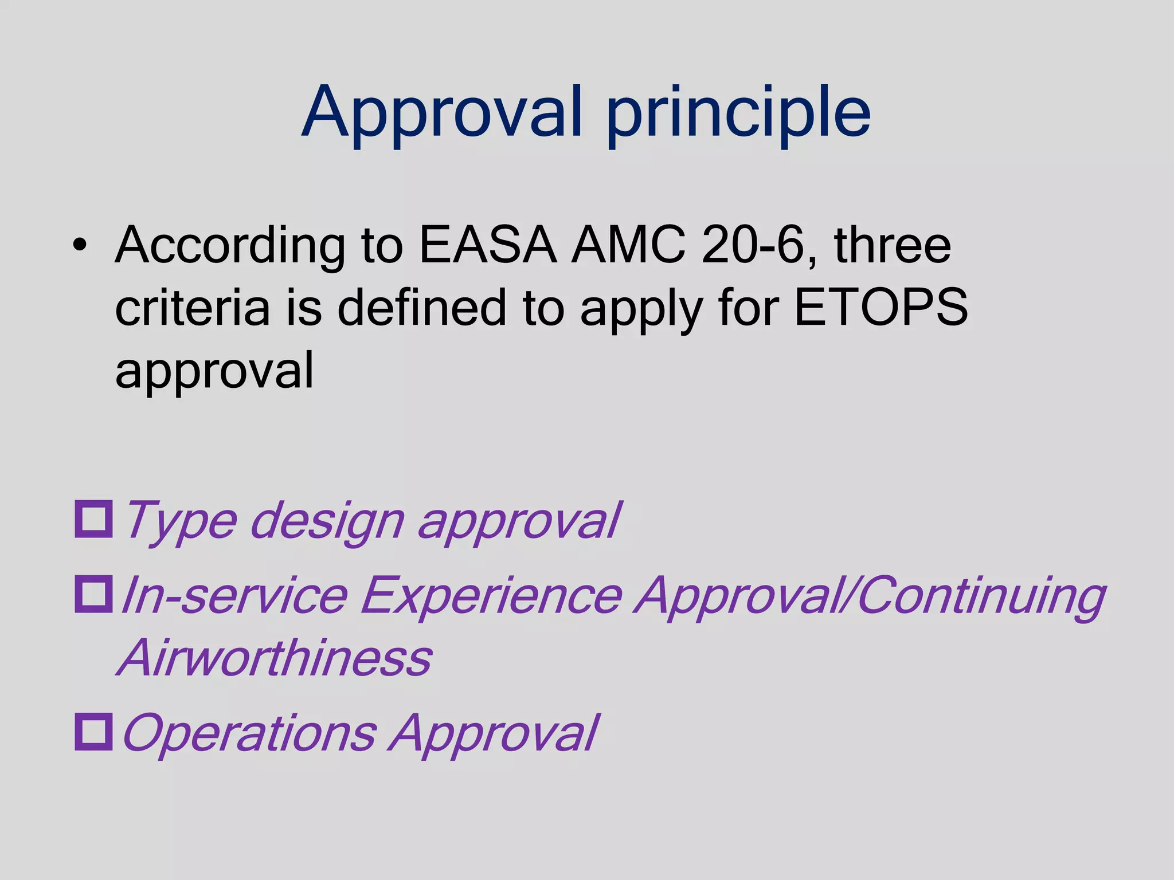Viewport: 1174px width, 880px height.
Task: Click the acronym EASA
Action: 488,245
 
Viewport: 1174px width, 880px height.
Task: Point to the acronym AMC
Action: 628,245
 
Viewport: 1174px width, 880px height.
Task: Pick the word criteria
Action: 192,308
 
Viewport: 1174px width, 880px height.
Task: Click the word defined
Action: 422,308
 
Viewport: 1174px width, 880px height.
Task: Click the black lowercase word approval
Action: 214,371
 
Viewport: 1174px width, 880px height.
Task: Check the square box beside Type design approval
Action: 93,519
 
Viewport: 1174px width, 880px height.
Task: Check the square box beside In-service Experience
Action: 93,594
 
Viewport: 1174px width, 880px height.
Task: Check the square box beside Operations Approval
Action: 93,732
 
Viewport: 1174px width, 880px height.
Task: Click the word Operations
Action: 250,733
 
